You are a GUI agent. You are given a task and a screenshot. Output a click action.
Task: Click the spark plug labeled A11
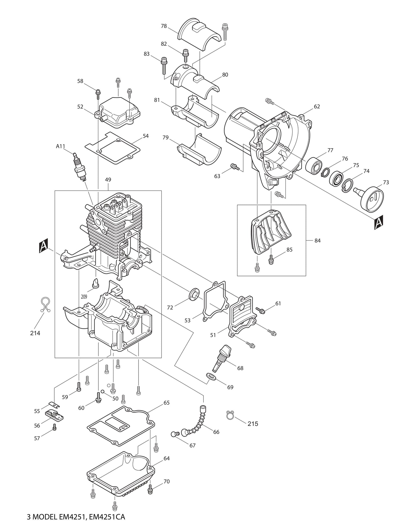[79, 168]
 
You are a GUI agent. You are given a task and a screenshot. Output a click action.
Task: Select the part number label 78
[164, 26]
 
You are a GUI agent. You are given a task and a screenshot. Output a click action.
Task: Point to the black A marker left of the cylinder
[43, 246]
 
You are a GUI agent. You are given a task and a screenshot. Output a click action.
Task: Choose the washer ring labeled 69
[210, 376]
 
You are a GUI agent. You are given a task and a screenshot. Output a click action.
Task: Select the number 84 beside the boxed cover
[317, 241]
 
